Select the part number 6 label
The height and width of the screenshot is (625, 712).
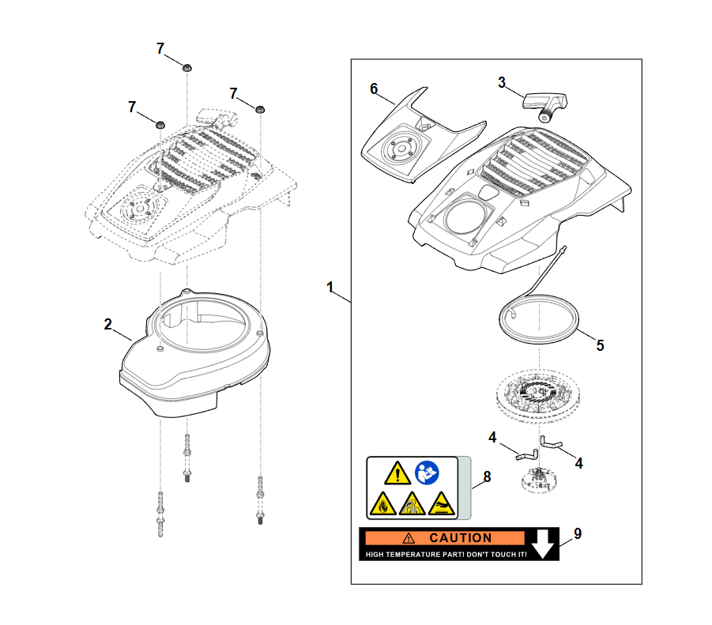tap(374, 88)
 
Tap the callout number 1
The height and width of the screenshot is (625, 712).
tap(330, 287)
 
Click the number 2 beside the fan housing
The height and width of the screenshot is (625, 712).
tap(108, 324)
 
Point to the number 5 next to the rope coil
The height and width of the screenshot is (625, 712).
tap(599, 345)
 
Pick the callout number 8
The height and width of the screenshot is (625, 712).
tap(487, 476)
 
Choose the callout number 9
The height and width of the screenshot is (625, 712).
tap(578, 533)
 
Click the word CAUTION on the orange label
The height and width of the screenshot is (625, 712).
tap(460, 538)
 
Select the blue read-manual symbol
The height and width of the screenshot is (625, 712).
tap(427, 474)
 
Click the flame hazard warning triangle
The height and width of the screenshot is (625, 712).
tap(381, 503)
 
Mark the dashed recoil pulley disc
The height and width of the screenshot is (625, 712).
tap(537, 395)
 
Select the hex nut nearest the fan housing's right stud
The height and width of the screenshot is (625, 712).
tap(260, 107)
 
